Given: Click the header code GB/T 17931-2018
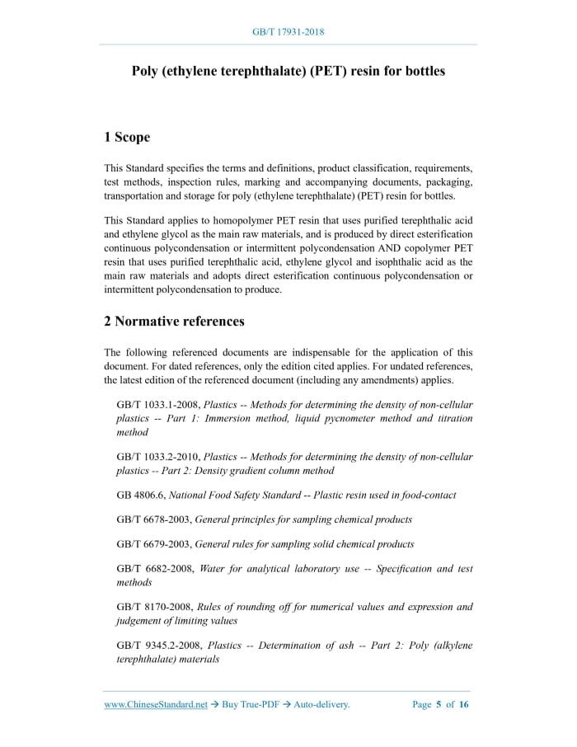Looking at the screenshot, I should [x=288, y=32].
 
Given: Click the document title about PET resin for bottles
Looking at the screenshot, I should [x=288, y=71].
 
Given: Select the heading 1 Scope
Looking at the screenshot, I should [x=127, y=137].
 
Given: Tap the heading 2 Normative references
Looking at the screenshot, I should [x=174, y=321].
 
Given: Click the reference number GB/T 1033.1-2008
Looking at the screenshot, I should [x=157, y=405].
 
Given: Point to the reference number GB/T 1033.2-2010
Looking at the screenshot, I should [x=157, y=457].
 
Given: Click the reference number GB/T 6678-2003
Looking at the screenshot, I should [x=153, y=519].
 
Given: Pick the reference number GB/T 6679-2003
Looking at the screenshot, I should [x=153, y=544].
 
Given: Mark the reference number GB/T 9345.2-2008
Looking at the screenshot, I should [x=158, y=646].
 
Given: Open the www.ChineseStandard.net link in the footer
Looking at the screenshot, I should [x=156, y=705].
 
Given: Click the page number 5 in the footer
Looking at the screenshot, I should [x=439, y=705].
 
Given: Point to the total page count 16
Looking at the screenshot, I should [x=464, y=705].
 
